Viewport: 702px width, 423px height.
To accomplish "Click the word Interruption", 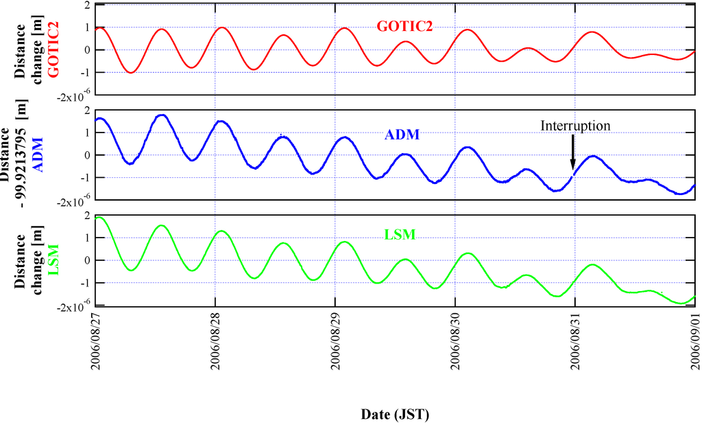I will [574, 126].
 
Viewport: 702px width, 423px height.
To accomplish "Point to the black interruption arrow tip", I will [573, 168].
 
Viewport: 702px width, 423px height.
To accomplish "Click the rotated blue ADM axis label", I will [39, 155].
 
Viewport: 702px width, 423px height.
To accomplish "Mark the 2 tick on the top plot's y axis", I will [87, 5].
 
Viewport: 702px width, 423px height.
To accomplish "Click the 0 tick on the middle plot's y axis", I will [87, 155].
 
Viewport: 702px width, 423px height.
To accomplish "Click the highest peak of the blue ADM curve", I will [162, 115].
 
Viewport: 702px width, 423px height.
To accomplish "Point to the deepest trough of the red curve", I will [130, 72].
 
